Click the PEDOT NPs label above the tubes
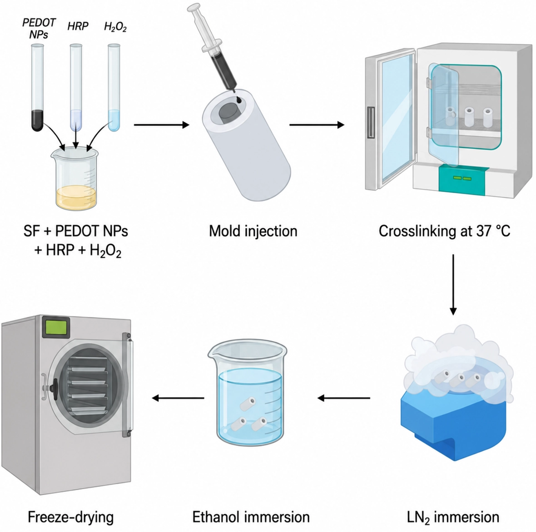pos(39,28)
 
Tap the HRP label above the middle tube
pos(78,26)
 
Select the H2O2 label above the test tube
pos(115,27)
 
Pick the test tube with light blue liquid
pos(114,87)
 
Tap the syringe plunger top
pos(194,7)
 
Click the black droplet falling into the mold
pos(238,100)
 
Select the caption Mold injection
pos(253,231)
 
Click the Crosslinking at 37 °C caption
pos(444,231)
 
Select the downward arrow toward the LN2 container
pos(453,284)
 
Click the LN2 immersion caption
pos(453,517)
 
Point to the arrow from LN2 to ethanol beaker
pos(344,398)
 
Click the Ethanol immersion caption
pos(251,517)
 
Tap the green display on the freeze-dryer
pos(56,327)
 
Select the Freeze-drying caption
pos(70,517)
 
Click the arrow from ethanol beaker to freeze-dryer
pos(178,398)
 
